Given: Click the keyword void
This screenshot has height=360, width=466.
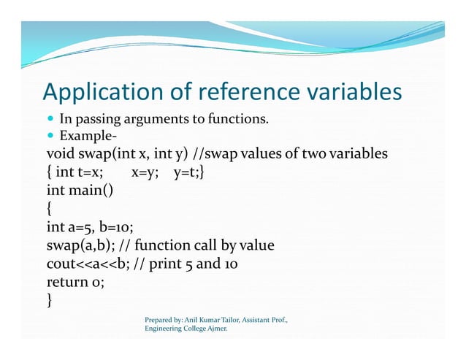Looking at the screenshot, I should point(60,155).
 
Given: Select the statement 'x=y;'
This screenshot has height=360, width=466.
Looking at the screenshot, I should point(145,173).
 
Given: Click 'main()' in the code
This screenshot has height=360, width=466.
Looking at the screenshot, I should point(91,191).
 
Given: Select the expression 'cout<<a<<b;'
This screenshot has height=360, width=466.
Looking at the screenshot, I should point(87,264).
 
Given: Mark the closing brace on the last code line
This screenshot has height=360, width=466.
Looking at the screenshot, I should point(49,300).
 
